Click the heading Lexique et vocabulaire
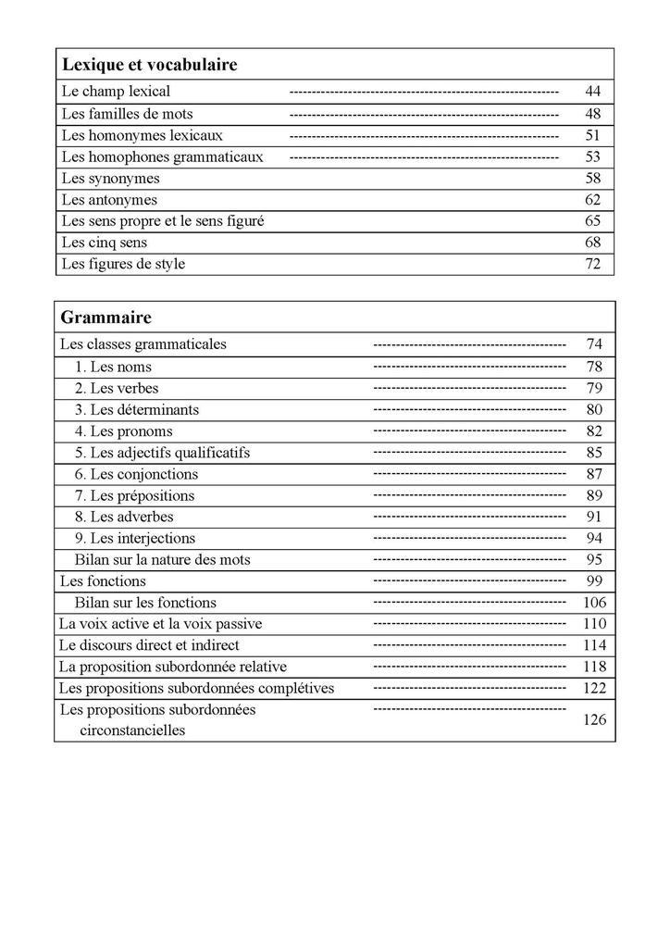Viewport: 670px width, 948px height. [x=149, y=65]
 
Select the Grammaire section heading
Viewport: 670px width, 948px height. [x=105, y=318]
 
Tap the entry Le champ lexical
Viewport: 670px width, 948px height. [x=116, y=92]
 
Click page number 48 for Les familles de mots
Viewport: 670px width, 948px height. [x=593, y=114]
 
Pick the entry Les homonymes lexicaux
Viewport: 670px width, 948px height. [x=142, y=135]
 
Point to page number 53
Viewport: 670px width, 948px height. [x=593, y=157]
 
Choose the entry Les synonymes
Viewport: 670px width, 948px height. [x=110, y=179]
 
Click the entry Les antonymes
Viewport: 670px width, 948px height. [x=109, y=200]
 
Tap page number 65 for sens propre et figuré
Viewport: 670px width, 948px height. [x=593, y=221]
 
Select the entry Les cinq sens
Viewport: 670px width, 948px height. [x=105, y=243]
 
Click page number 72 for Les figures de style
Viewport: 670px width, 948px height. [x=593, y=264]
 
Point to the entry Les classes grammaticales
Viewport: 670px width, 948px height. [x=143, y=344]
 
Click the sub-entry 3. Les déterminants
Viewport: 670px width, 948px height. [x=137, y=409]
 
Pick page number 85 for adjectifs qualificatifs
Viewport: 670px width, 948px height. [x=594, y=453]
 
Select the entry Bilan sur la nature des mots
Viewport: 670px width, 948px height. [x=162, y=559]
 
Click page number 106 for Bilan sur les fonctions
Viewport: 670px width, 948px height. [x=594, y=603]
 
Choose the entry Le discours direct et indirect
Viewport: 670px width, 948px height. [x=149, y=645]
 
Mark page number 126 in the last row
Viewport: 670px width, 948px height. [x=594, y=719]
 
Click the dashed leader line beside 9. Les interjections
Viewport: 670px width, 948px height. [x=469, y=538]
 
